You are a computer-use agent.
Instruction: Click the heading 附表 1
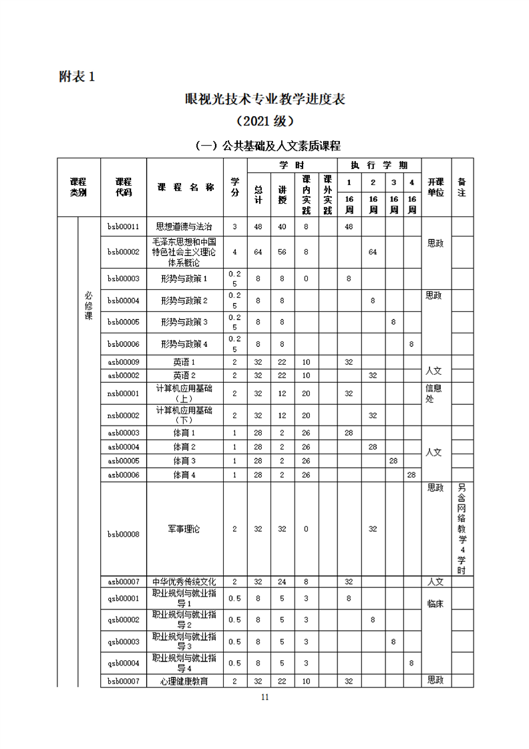coord(77,77)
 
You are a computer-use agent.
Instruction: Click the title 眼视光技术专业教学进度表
coord(264,99)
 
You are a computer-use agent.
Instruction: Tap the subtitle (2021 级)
coord(264,122)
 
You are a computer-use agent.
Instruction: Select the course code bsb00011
coord(123,227)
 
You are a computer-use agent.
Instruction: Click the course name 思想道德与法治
coord(184,227)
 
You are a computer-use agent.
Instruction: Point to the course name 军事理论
coord(184,529)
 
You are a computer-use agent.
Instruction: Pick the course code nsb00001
coord(123,394)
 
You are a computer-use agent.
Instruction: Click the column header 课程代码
coord(123,186)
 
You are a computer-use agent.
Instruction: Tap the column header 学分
coord(234,186)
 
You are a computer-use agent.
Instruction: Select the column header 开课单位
coord(435,186)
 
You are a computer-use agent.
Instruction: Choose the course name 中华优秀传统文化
coord(184,581)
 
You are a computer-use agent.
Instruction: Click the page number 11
coord(264,697)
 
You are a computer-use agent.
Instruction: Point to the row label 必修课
coord(88,306)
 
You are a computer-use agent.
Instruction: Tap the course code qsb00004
coord(123,663)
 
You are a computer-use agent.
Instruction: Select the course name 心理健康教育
coord(184,681)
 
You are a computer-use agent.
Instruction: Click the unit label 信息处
coord(434,394)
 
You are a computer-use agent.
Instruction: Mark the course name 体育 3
coord(184,460)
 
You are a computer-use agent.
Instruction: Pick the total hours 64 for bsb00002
coord(258,251)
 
